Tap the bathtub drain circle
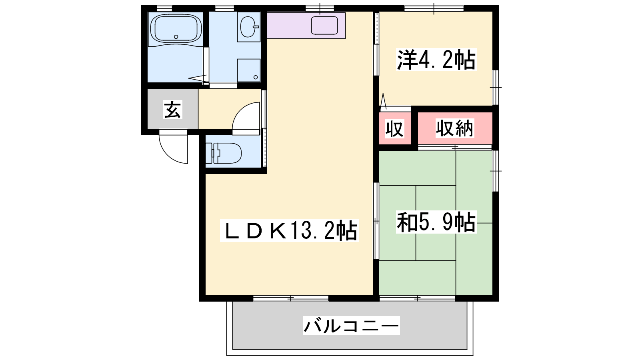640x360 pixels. [x=176, y=37]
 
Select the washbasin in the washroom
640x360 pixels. [x=248, y=26]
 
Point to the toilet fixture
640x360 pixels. [x=224, y=154]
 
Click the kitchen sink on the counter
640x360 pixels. [x=324, y=26]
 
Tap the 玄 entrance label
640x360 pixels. [x=172, y=110]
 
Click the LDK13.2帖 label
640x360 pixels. [x=290, y=230]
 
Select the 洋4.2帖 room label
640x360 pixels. [x=436, y=60]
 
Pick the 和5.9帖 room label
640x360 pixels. [x=436, y=222]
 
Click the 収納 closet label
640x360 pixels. [x=454, y=128]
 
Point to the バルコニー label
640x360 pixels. [x=352, y=326]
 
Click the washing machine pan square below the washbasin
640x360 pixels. [x=248, y=70]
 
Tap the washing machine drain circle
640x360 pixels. [x=256, y=77]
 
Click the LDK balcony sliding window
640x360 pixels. [x=290, y=298]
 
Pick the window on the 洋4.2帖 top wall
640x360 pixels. [x=434, y=8]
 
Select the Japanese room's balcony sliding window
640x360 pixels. [x=418, y=298]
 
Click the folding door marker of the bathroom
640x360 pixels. [x=198, y=78]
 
